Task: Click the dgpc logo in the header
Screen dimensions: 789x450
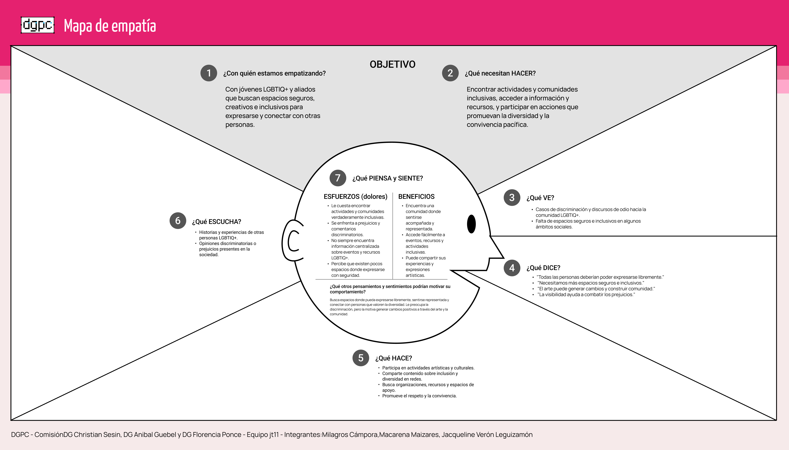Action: coord(37,25)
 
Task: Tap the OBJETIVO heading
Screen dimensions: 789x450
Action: coord(392,64)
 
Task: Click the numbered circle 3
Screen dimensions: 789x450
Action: coord(512,198)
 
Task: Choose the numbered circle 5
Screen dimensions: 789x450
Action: coord(361,358)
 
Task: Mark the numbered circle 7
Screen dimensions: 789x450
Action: coord(338,178)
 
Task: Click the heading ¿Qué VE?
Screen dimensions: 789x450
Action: coord(540,198)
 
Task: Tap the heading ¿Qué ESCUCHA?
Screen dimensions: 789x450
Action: coord(216,222)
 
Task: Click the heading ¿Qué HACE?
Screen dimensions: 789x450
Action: coord(393,358)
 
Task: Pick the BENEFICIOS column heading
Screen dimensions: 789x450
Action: coord(416,197)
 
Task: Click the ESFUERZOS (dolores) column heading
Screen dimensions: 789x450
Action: coord(355,197)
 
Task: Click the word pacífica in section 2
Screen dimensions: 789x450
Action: coord(516,125)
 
